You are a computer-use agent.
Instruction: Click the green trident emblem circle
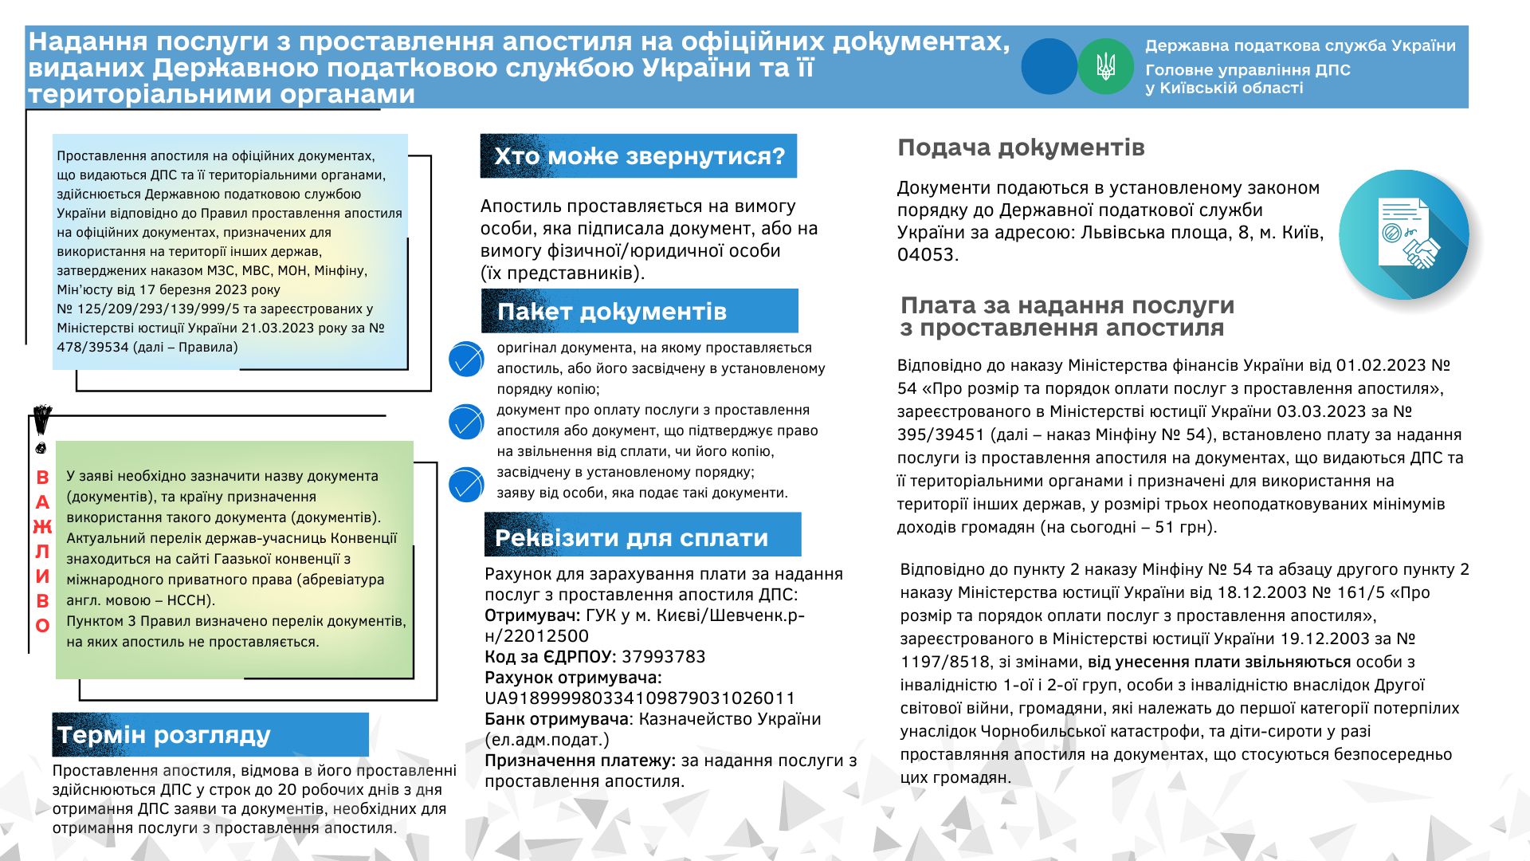point(1105,67)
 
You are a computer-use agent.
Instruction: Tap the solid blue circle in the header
point(1049,67)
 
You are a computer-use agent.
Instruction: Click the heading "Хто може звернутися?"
point(639,156)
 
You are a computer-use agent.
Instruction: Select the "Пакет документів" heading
point(612,312)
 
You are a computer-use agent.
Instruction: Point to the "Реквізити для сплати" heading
point(631,538)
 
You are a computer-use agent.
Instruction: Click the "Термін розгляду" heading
point(164,735)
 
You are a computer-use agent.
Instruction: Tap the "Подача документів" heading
point(1021,147)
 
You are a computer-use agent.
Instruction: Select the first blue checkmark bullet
point(466,360)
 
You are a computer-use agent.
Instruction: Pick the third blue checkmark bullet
point(466,485)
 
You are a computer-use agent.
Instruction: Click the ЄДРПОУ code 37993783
point(663,657)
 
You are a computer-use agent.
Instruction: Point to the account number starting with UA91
point(640,698)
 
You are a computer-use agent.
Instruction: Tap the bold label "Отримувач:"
point(532,615)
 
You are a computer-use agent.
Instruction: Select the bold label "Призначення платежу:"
point(580,761)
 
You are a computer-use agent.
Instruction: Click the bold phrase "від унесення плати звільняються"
point(1219,662)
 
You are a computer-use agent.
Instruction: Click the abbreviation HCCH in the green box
point(188,600)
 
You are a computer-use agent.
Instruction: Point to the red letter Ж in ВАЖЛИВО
point(42,526)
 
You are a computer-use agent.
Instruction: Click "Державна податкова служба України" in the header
point(1300,46)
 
